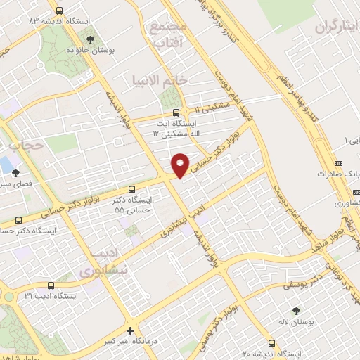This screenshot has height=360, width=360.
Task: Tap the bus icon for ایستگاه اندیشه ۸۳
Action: (58, 11)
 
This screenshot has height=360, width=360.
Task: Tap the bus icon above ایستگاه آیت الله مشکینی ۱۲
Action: (175, 111)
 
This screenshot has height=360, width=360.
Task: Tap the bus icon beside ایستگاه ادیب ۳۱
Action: (50, 285)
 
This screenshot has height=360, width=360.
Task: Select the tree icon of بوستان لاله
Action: (295, 310)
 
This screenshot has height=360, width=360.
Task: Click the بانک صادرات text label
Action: (339, 173)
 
